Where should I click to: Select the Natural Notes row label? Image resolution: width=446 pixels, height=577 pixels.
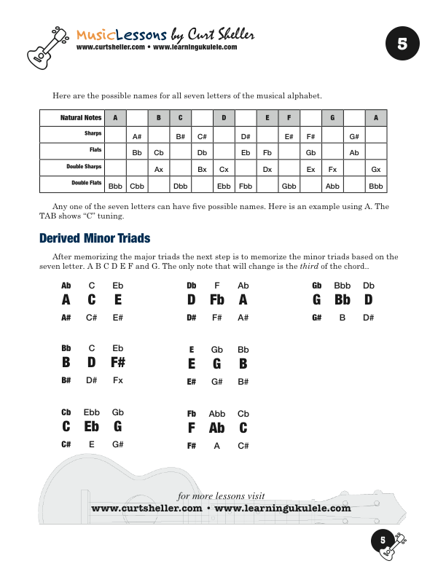point(81,117)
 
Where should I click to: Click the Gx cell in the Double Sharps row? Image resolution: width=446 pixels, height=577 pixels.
point(376,170)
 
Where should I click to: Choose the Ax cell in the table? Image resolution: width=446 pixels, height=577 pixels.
point(158,170)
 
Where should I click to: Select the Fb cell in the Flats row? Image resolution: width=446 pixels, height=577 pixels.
point(267,153)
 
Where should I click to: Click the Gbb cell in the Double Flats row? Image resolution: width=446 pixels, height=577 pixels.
point(289,186)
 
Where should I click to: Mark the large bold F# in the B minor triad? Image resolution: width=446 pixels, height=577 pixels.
point(118,363)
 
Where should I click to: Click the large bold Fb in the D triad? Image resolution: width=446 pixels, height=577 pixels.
point(217,299)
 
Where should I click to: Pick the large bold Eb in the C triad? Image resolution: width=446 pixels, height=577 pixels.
point(92,427)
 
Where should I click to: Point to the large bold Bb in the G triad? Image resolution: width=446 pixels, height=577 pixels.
point(343,299)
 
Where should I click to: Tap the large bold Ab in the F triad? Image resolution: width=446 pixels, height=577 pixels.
point(217,427)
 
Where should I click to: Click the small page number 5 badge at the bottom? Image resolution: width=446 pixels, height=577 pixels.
point(382,540)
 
